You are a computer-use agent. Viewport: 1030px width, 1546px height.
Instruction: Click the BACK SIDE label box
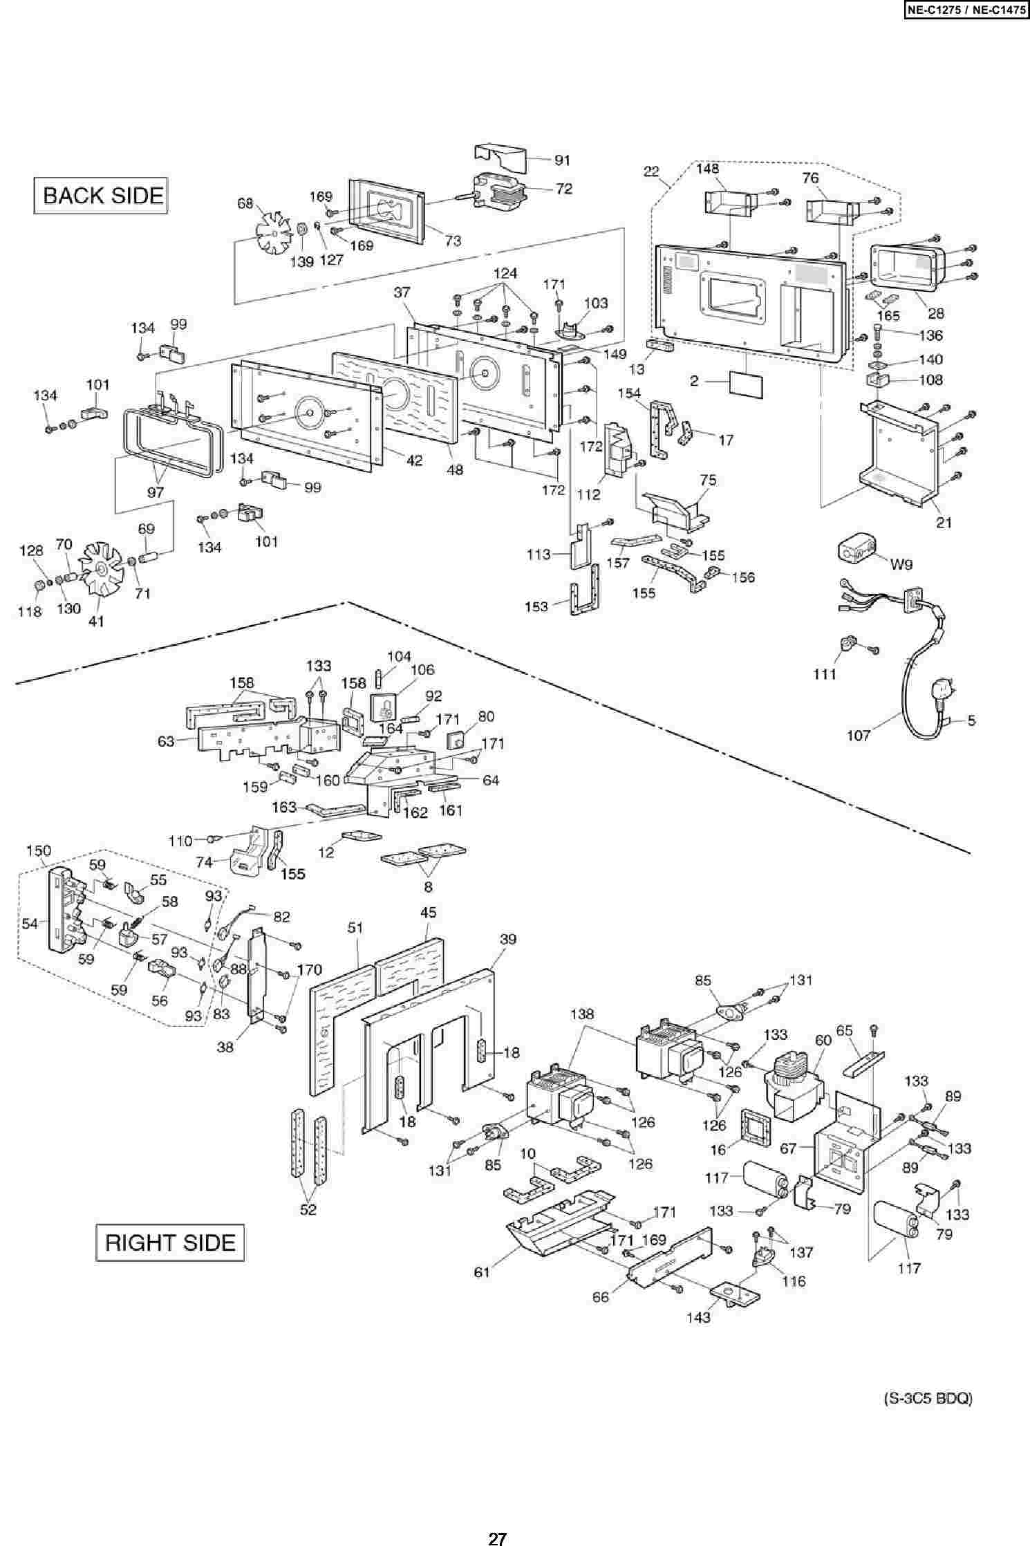(x=102, y=195)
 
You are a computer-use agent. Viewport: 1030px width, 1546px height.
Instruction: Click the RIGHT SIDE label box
(x=170, y=1242)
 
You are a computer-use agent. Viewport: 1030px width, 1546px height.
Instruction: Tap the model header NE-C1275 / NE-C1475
(x=965, y=11)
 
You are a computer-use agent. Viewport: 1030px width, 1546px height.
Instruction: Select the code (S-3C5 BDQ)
(x=928, y=1393)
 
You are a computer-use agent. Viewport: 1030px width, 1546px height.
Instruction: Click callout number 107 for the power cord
(x=858, y=736)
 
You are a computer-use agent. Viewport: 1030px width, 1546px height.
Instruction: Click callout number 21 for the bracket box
(x=944, y=523)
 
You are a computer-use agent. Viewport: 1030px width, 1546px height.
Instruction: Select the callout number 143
(x=698, y=1317)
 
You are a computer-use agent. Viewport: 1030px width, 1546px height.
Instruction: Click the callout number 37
(x=402, y=292)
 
